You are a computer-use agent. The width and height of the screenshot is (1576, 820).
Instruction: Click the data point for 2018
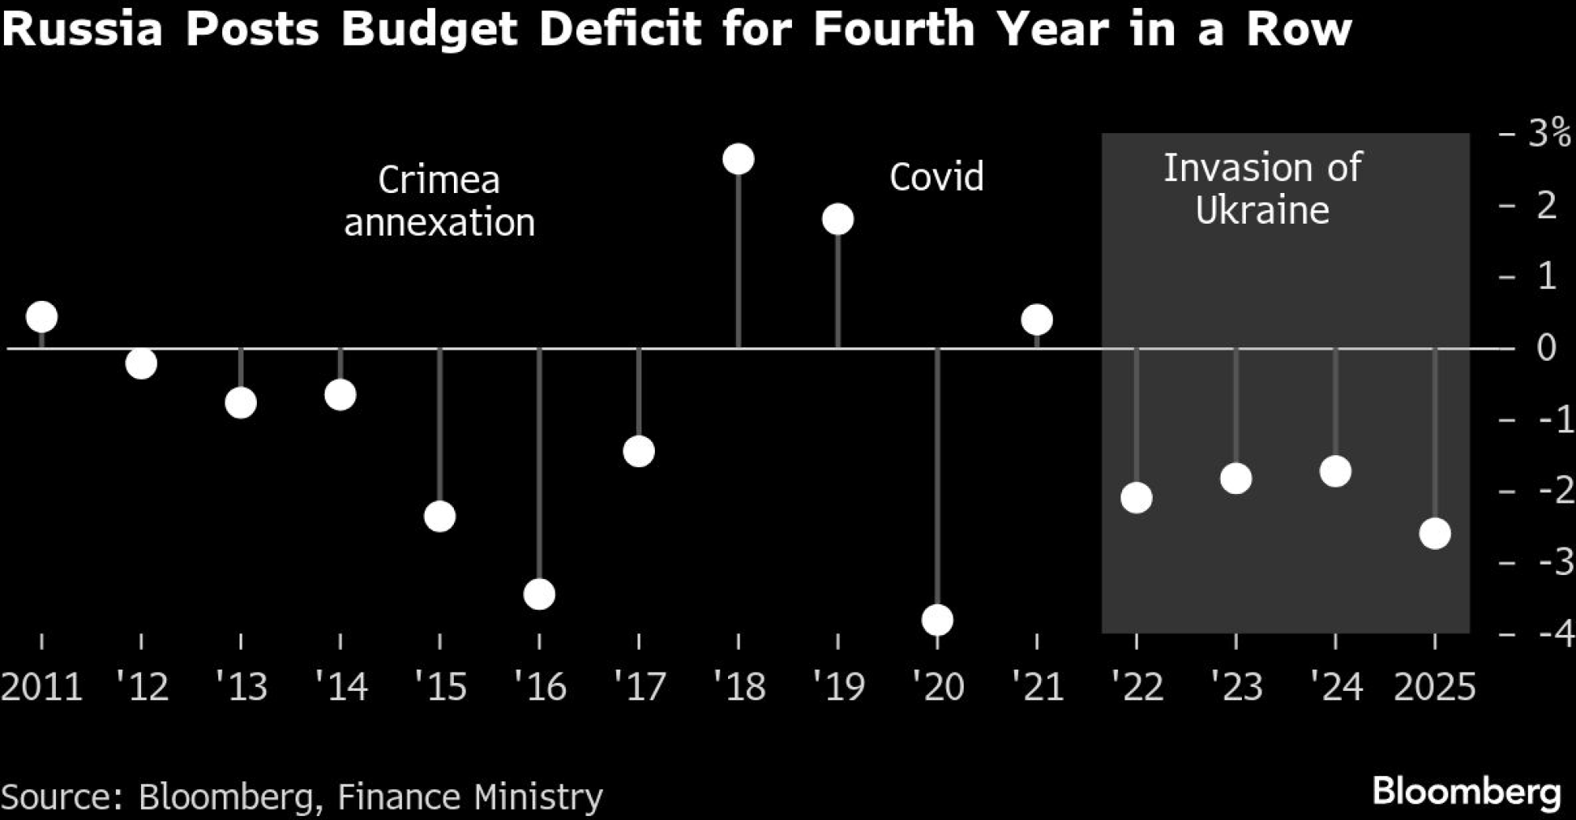pos(738,159)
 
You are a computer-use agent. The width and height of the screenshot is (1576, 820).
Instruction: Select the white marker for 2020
pos(938,620)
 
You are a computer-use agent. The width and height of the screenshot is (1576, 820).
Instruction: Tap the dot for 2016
pos(539,594)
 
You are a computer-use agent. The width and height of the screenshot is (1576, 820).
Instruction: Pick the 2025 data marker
pos(1435,533)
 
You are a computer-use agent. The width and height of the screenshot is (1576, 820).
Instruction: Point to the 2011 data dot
pos(42,317)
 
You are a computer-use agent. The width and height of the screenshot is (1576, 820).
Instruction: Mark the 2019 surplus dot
pos(838,219)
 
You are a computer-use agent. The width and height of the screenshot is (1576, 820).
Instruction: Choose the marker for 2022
pos(1136,498)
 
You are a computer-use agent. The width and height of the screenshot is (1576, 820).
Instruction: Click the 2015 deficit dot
pos(440,517)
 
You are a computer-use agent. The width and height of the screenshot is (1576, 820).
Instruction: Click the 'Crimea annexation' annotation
pos(439,202)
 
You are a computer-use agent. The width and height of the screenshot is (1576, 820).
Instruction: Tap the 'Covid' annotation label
pos(936,177)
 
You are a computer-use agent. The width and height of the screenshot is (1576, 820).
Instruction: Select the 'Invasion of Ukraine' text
pos(1262,189)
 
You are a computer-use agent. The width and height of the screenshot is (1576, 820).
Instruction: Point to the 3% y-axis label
pos(1548,134)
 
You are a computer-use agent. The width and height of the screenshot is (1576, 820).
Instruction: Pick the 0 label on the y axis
pos(1546,347)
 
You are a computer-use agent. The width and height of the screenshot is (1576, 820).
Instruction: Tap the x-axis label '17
pos(639,687)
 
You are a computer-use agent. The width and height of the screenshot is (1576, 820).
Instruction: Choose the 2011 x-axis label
pos(42,687)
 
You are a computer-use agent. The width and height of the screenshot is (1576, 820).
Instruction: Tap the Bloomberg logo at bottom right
pos(1466,792)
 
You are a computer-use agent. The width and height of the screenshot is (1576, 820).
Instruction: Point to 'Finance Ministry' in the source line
pos(470,796)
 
